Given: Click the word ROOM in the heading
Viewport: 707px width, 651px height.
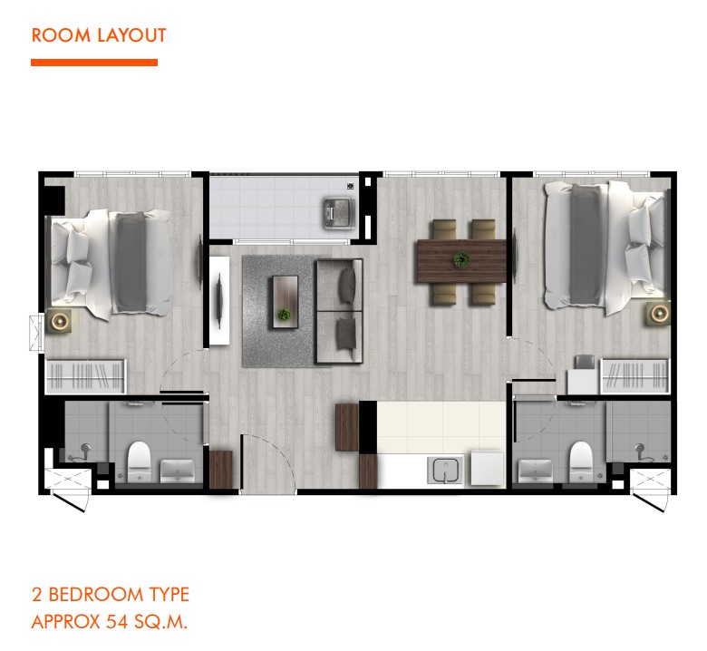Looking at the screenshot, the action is pyautogui.click(x=62, y=35).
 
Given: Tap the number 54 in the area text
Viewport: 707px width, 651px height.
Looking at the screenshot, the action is pyautogui.click(x=117, y=622).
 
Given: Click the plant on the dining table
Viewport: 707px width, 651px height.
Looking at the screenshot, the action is pyautogui.click(x=461, y=260).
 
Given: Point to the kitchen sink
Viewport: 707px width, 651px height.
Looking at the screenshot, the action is pyautogui.click(x=445, y=470).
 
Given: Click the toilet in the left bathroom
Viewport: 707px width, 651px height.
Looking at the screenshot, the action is pyautogui.click(x=139, y=462).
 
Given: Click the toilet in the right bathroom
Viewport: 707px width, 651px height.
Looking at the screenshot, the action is pyautogui.click(x=580, y=462).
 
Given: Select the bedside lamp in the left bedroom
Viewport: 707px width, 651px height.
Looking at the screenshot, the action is pyautogui.click(x=60, y=321).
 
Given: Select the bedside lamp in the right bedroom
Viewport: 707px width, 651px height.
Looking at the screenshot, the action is pyautogui.click(x=659, y=313).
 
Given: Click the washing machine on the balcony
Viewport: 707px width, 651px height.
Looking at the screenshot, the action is pyautogui.click(x=339, y=212).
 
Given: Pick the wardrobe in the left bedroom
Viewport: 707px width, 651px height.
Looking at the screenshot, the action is pyautogui.click(x=86, y=376).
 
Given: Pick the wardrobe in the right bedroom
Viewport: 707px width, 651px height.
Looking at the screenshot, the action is pyautogui.click(x=634, y=376).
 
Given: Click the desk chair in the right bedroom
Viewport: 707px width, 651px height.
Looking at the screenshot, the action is pyautogui.click(x=585, y=362).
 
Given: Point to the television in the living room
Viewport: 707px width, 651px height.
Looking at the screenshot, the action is pyautogui.click(x=219, y=301).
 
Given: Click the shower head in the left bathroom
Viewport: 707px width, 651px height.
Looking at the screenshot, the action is pyautogui.click(x=85, y=449).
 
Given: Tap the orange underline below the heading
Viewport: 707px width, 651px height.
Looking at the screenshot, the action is pyautogui.click(x=94, y=63).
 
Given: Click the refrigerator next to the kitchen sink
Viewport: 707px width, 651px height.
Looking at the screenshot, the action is pyautogui.click(x=488, y=468).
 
